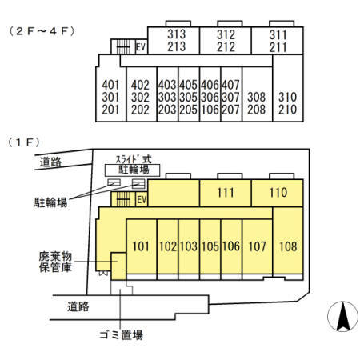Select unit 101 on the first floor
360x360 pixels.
point(141,246)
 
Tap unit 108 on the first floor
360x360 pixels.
point(288,246)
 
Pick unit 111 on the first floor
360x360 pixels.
point(225,192)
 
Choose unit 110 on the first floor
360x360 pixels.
point(278,192)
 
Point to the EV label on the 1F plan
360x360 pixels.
point(141,199)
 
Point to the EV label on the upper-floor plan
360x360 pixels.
point(141,47)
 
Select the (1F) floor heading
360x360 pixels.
point(24,142)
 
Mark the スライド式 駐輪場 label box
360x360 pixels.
point(132,165)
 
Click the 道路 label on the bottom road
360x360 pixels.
point(78,306)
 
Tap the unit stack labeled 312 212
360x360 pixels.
point(226,40)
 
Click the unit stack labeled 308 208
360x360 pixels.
point(256,102)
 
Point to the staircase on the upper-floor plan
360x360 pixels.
point(123,48)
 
